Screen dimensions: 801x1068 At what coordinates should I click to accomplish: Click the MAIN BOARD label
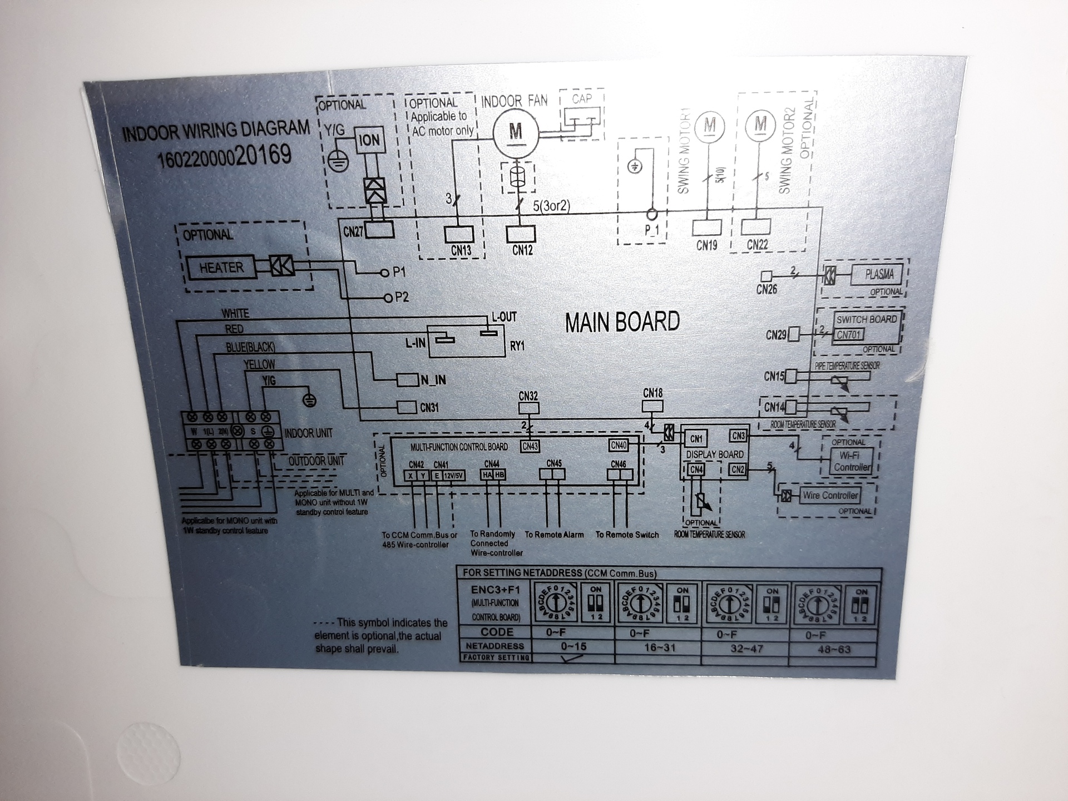tap(622, 322)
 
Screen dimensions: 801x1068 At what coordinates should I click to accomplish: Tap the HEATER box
tap(221, 268)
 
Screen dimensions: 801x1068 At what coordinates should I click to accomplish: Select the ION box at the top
tap(369, 140)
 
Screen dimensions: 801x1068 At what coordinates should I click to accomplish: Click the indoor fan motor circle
tap(516, 131)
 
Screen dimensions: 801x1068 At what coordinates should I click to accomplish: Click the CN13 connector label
tap(461, 251)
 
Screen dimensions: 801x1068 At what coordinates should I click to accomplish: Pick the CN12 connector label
tap(522, 250)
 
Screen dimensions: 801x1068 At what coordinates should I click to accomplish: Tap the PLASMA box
tap(879, 274)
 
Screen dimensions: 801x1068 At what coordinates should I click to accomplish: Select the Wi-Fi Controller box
tap(852, 461)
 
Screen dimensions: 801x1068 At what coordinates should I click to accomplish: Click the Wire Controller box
tap(830, 495)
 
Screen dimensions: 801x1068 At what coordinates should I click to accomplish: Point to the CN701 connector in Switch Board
tap(848, 335)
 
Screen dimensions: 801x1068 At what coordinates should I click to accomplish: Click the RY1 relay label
tap(517, 346)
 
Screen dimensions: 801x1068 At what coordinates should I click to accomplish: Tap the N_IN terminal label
tap(433, 380)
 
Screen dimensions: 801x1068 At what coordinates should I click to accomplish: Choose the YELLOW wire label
tap(259, 364)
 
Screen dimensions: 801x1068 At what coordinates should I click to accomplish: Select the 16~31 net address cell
tap(659, 647)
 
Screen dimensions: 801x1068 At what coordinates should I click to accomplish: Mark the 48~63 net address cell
tap(834, 649)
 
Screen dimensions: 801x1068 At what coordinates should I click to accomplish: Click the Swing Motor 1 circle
tap(710, 125)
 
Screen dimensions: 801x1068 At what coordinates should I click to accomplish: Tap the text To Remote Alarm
tap(554, 535)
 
